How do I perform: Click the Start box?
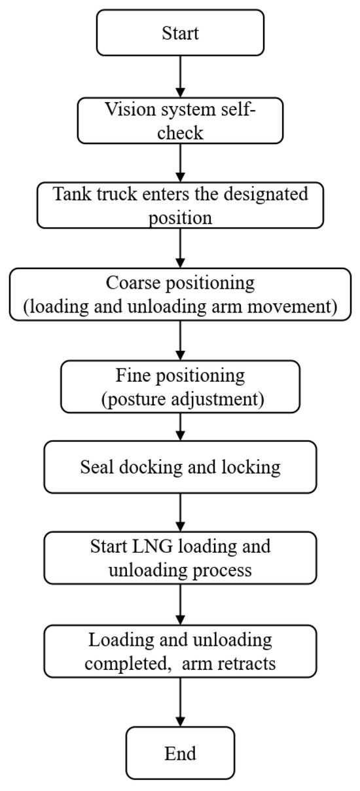tap(180, 33)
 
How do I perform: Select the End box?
tap(180, 752)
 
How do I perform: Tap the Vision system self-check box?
tap(180, 121)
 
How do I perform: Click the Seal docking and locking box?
tap(180, 468)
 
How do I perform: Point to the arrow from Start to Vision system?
tap(180, 77)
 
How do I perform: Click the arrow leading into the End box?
tap(180, 702)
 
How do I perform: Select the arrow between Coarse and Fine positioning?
tap(180, 340)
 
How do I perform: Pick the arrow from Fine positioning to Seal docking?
tap(180, 426)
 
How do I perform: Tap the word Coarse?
tap(134, 284)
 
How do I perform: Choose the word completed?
tap(122, 663)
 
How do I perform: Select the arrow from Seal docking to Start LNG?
tap(180, 513)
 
